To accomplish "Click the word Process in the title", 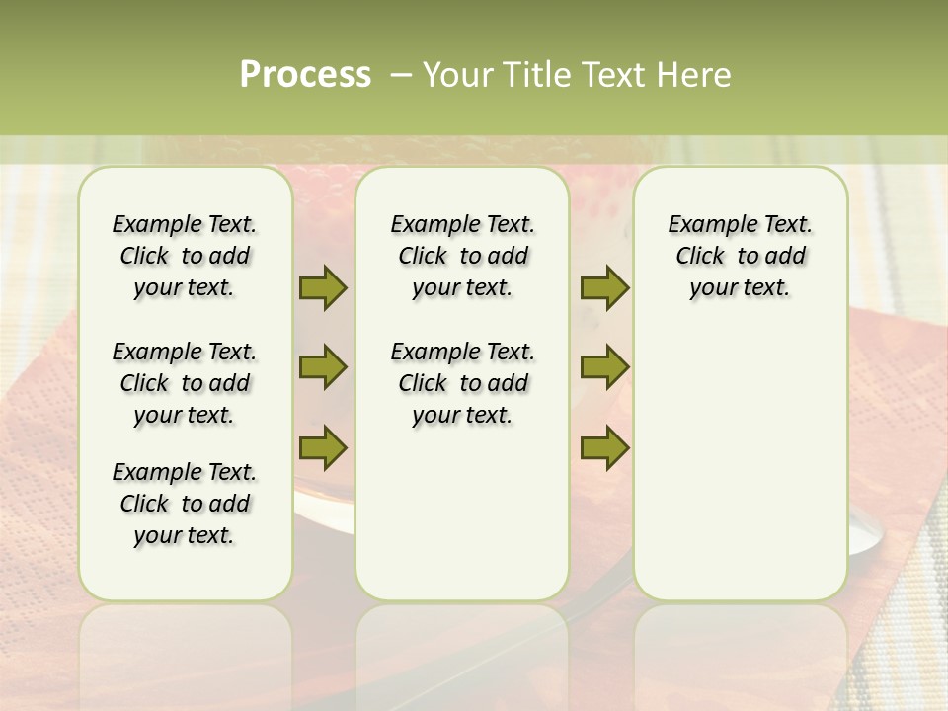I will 305,75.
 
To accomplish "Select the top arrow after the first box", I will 323,287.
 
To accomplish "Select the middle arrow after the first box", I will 323,367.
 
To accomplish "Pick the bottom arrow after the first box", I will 323,447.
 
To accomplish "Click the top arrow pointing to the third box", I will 604,287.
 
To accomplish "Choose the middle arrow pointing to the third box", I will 604,367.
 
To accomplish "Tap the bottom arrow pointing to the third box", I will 604,447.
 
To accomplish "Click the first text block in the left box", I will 185,256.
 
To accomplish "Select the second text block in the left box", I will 185,383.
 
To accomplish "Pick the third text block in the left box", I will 185,504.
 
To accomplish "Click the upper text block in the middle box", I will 462,256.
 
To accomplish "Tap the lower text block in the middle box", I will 462,383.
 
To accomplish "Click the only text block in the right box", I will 740,256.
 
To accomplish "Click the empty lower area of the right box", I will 740,464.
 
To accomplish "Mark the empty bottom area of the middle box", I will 462,523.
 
